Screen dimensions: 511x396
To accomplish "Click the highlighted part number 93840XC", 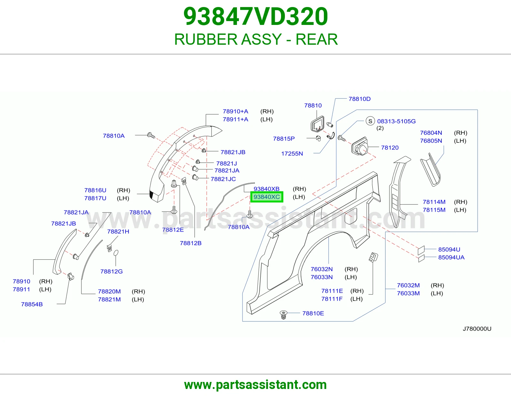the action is (x=267, y=197).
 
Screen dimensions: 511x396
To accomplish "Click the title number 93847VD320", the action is (x=256, y=17).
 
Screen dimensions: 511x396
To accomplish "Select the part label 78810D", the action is (x=360, y=99).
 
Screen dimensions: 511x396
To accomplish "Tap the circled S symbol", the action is (x=370, y=121).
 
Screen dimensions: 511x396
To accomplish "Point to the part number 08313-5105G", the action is (x=396, y=121).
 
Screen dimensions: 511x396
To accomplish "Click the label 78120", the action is (x=390, y=148).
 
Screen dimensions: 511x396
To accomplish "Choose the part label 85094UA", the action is (x=451, y=257).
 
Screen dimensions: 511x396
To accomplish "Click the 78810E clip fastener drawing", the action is (x=284, y=315).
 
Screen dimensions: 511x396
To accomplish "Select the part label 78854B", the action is (x=32, y=304).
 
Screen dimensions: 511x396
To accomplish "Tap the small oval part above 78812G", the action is (x=116, y=253).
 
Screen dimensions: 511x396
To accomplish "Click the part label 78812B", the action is (x=191, y=243).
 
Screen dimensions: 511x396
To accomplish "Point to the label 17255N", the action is (x=292, y=154).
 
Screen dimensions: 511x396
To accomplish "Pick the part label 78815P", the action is (x=284, y=139).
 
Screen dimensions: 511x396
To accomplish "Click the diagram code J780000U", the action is (x=477, y=329).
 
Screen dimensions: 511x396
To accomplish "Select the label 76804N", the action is (x=431, y=133).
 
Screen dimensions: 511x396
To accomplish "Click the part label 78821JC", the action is (x=223, y=179).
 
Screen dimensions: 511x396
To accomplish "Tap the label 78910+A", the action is (x=235, y=111).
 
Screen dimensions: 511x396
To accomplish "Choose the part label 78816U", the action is (x=95, y=190).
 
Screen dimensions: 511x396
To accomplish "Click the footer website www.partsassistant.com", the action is (x=256, y=385).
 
